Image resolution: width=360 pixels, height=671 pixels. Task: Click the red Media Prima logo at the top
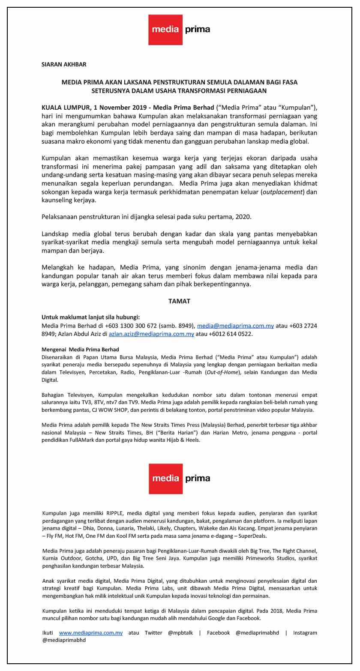point(179,30)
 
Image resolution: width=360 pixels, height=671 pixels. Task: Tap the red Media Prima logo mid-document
point(179,478)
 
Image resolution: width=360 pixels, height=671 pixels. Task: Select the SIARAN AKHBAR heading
point(64,64)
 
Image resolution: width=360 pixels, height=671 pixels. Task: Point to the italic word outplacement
point(282,192)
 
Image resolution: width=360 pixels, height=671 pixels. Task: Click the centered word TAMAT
point(179,301)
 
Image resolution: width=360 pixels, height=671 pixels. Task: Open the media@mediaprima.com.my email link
point(235,326)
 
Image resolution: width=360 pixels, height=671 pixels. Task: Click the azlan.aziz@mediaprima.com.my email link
point(151,334)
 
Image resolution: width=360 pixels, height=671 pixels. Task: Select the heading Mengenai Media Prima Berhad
point(80,350)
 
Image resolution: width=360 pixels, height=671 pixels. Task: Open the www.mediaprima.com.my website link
point(91,632)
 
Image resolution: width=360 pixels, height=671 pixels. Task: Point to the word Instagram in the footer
point(305,632)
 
